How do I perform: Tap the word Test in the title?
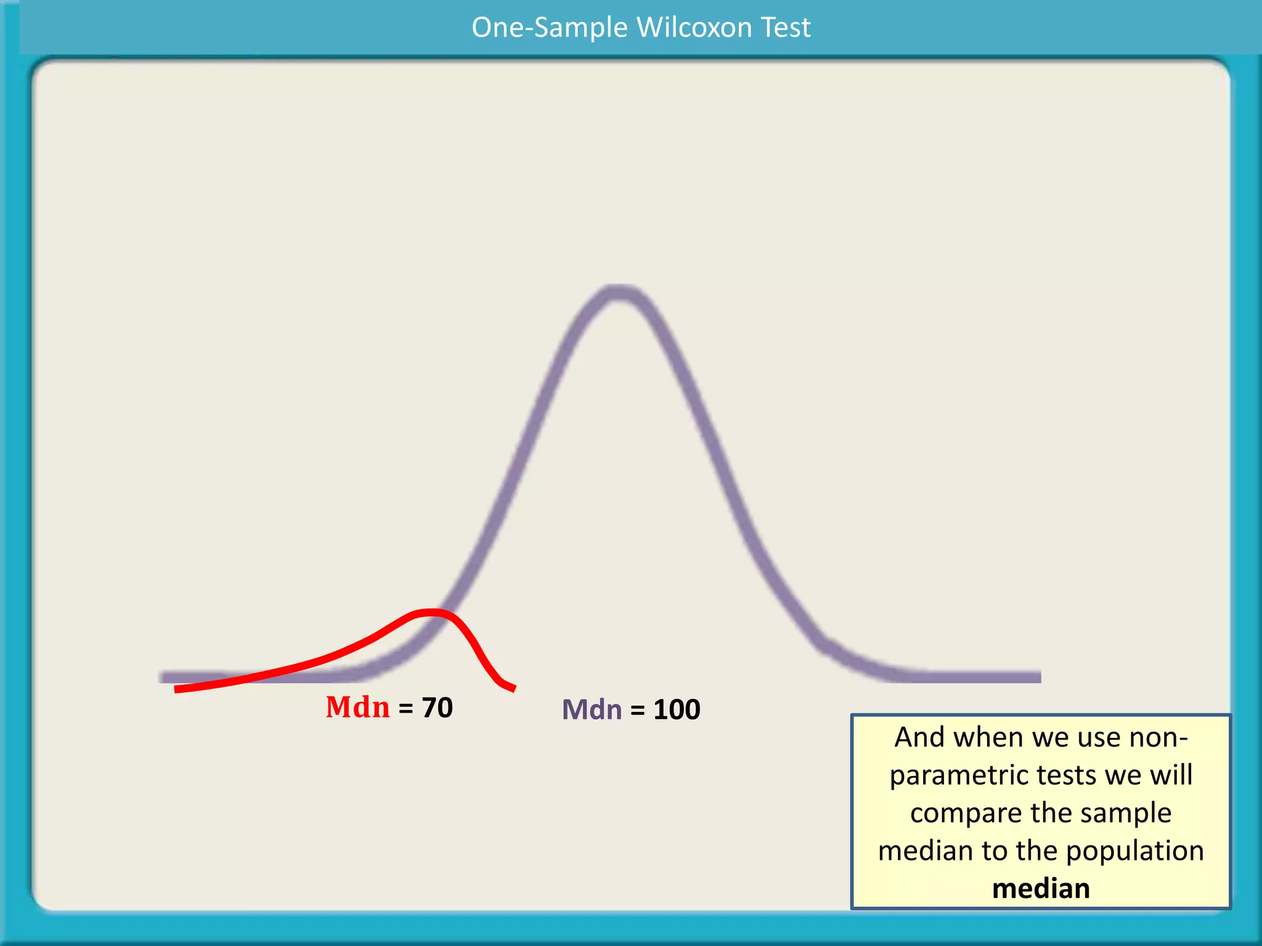click(786, 28)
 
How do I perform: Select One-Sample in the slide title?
click(549, 28)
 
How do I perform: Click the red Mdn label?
click(357, 707)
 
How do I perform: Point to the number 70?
click(437, 708)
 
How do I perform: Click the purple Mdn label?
click(592, 709)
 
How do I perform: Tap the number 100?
click(677, 709)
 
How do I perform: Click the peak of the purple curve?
click(617, 293)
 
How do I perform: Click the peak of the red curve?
click(431, 612)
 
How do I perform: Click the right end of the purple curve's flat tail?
click(1038, 677)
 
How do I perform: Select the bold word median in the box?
click(1041, 888)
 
